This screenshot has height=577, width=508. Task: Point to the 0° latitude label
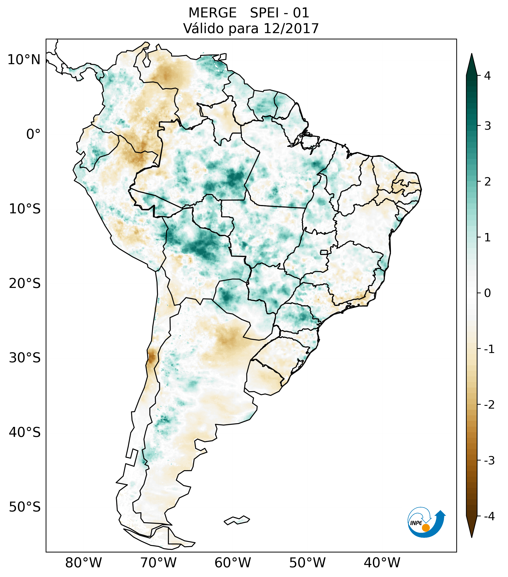(x=33, y=134)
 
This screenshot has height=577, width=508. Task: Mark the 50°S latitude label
(x=25, y=507)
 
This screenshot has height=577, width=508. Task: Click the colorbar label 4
(x=487, y=76)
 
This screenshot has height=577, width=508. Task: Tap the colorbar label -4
(x=489, y=516)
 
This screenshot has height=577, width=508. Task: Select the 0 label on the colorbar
(x=487, y=293)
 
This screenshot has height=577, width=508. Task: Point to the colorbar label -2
(x=489, y=405)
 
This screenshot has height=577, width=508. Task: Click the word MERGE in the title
(x=212, y=13)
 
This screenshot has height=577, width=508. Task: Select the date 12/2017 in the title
(x=291, y=28)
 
